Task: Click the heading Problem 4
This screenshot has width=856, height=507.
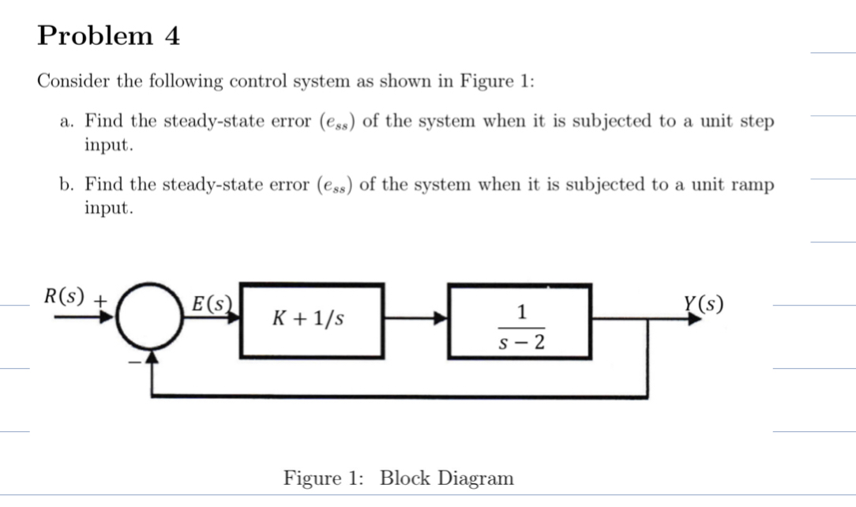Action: coord(109,36)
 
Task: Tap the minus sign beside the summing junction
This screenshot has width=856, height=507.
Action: coord(135,362)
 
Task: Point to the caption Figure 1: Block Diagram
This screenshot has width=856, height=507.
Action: coord(399,478)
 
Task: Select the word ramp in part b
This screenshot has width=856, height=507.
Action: coord(753,185)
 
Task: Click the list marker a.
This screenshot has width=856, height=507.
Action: coord(66,122)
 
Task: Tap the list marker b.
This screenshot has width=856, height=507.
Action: coord(66,185)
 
